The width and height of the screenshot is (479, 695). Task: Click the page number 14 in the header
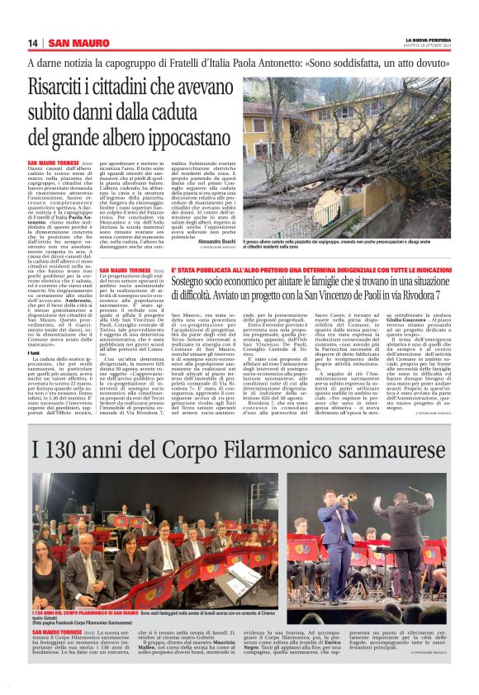[x=33, y=43]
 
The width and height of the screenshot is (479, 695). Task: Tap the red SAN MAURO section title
[x=78, y=43]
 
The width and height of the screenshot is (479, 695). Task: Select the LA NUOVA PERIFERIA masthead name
[x=427, y=40]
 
